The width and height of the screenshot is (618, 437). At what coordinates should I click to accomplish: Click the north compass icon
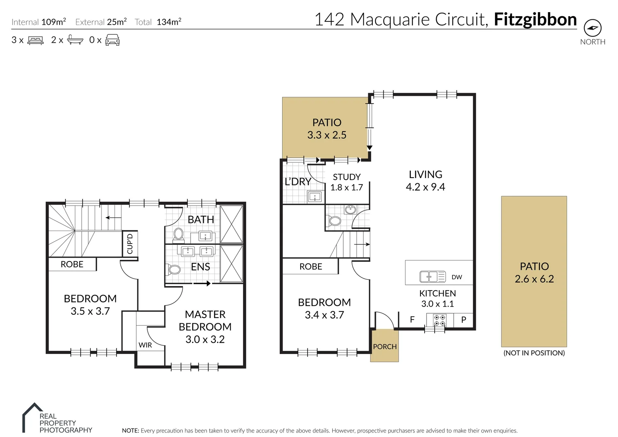click(x=593, y=28)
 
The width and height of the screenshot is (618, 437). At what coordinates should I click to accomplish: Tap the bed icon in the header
click(x=35, y=40)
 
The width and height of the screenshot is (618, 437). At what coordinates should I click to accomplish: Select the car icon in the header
click(x=112, y=40)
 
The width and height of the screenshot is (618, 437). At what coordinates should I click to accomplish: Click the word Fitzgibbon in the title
click(x=535, y=19)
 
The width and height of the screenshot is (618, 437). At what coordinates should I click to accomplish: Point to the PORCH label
click(x=384, y=346)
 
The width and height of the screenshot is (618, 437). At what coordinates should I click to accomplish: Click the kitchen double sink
click(x=432, y=277)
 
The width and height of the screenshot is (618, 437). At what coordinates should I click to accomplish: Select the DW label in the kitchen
click(x=457, y=277)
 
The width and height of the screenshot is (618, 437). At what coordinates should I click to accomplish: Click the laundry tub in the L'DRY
click(x=314, y=197)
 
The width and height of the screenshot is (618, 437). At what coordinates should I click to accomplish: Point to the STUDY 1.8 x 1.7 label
click(x=346, y=182)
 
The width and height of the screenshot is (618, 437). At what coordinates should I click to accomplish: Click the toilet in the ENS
click(x=174, y=269)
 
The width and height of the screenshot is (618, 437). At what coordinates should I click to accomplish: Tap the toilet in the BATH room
click(x=178, y=234)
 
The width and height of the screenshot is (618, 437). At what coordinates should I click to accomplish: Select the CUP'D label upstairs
click(x=130, y=244)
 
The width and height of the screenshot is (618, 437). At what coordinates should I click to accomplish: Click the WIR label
click(x=145, y=345)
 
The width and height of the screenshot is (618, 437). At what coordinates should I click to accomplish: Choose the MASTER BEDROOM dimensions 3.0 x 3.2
click(x=205, y=339)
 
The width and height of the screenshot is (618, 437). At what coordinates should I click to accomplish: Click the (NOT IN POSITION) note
click(x=534, y=353)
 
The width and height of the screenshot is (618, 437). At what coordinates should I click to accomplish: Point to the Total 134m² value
click(x=169, y=22)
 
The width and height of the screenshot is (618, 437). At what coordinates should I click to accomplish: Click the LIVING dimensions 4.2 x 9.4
click(x=425, y=187)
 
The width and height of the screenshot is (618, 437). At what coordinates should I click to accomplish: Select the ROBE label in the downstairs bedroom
click(x=310, y=267)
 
